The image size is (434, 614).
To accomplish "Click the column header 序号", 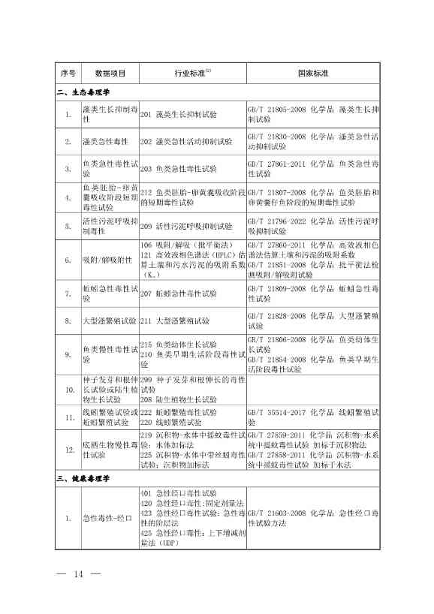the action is click(68, 74).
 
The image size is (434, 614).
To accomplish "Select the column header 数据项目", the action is click(110, 74).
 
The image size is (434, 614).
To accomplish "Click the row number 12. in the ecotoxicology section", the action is click(68, 450).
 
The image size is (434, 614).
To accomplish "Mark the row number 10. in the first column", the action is click(68, 390).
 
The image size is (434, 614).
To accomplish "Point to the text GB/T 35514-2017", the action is click(276, 412).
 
